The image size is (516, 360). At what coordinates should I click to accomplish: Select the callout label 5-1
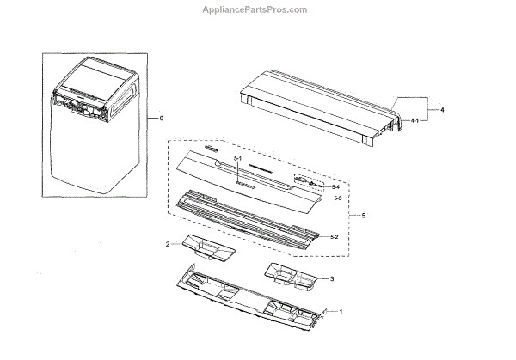tap(239, 163)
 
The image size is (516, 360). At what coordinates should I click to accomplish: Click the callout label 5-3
tap(338, 198)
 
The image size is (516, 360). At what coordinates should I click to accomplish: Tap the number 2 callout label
tap(167, 245)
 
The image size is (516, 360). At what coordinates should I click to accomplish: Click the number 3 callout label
tap(334, 280)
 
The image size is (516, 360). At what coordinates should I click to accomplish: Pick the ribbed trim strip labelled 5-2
tap(249, 218)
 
